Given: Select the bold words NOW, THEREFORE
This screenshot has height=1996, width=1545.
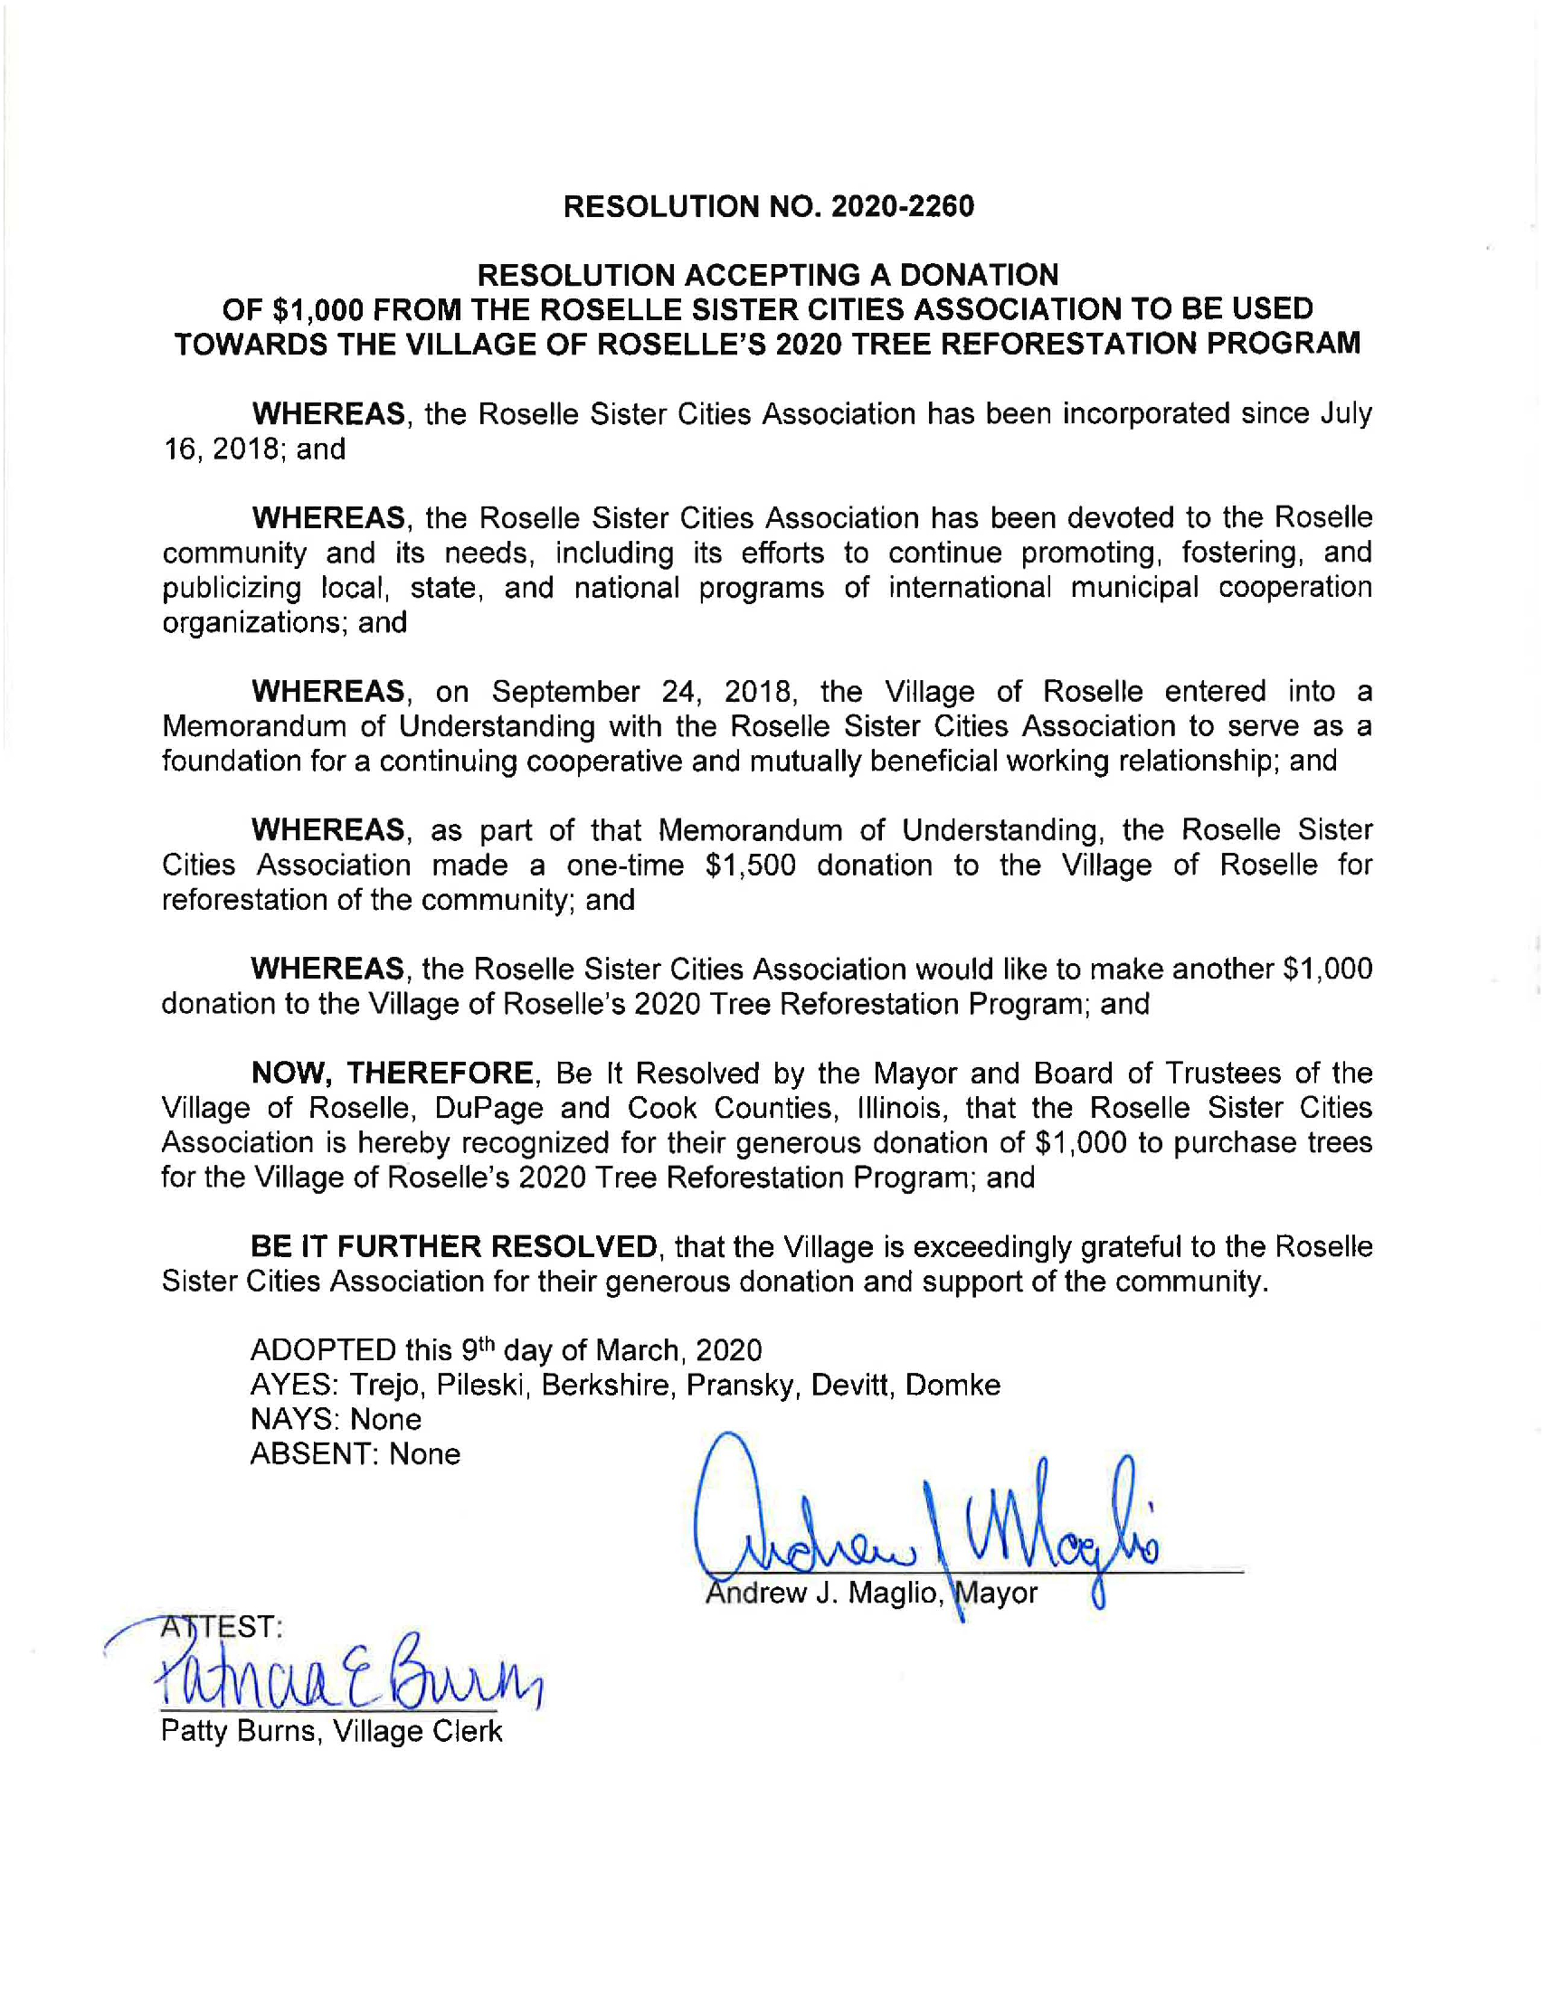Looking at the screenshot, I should pyautogui.click(x=393, y=1072).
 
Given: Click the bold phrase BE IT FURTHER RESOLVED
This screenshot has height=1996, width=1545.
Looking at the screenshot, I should pyautogui.click(x=453, y=1245).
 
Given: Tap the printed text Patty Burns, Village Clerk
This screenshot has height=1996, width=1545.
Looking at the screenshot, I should pyautogui.click(x=331, y=1730).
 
